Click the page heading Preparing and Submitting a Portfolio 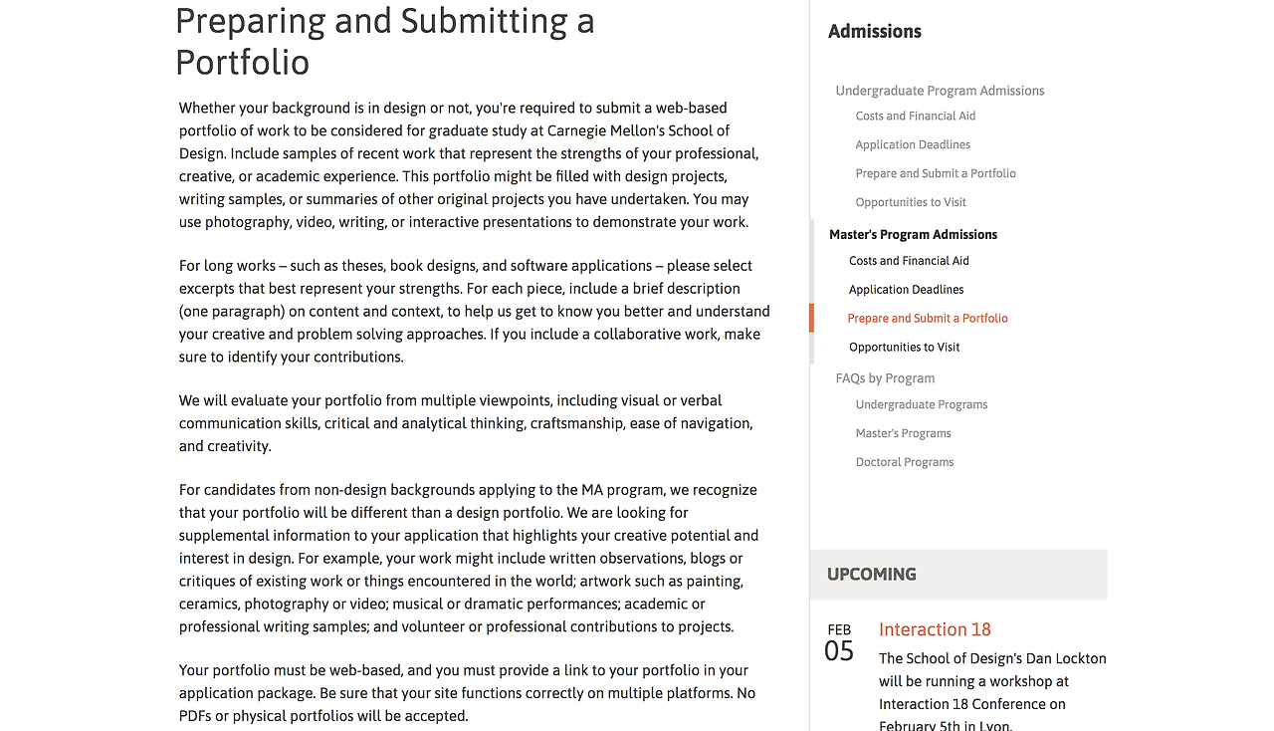click(384, 41)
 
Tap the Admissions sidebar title click(874, 31)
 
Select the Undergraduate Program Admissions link click(940, 91)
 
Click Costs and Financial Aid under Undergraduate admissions click(915, 116)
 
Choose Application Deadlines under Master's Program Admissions click(906, 290)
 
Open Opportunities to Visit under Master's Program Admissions click(904, 348)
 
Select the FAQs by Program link click(885, 378)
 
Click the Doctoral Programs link click(904, 462)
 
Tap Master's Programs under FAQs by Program click(903, 433)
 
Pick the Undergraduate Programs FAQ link click(921, 404)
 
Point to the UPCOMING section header click(871, 575)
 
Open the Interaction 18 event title click(935, 629)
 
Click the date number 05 click(839, 652)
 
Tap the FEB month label click(839, 629)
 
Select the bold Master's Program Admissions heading click(913, 235)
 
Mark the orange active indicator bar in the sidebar click(811, 318)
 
